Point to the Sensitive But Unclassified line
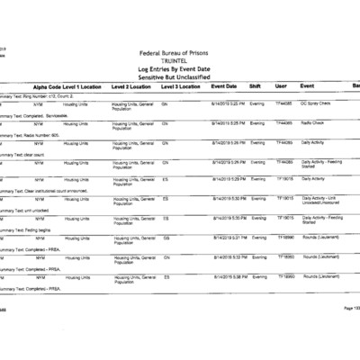click(180, 76)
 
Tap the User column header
click(281, 85)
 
